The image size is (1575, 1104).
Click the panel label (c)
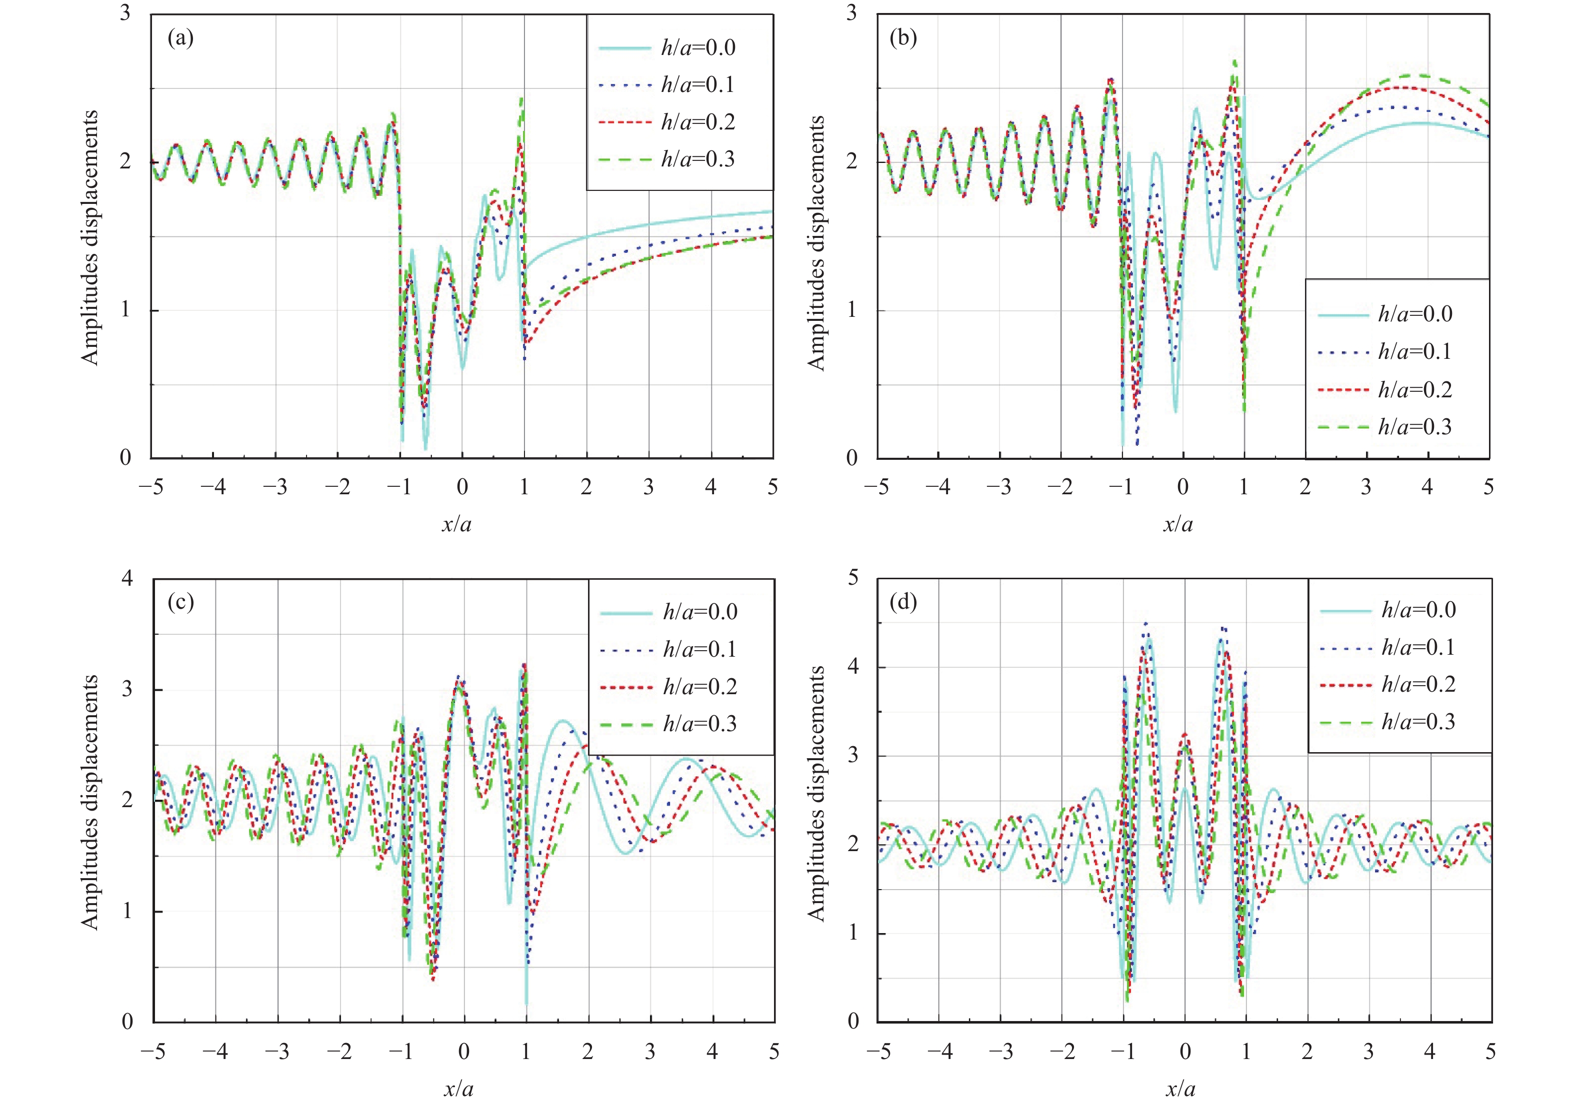point(180,603)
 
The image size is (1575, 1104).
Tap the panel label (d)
point(902,603)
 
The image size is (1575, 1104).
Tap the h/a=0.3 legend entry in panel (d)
point(1417,721)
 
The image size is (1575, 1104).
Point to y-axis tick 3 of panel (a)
point(125,13)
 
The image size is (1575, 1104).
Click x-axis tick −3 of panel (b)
point(999,487)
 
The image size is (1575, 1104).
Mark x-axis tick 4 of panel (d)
point(1429,1051)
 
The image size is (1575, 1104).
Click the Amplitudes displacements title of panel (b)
point(816,243)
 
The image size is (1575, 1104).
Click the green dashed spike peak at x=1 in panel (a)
point(522,100)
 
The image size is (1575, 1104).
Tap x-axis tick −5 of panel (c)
point(153,1051)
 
